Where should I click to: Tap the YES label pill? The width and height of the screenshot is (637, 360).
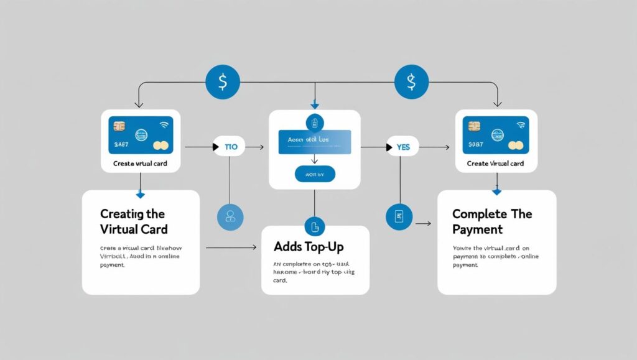click(x=402, y=147)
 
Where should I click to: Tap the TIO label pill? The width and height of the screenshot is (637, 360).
click(x=229, y=147)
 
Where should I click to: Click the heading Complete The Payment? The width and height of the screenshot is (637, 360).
click(x=492, y=221)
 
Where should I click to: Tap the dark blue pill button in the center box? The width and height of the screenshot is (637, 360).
click(x=314, y=174)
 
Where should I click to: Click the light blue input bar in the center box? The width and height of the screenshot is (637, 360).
click(x=314, y=142)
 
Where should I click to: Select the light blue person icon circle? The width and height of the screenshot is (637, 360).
click(x=230, y=216)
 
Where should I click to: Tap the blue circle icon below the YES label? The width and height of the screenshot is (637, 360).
click(x=399, y=216)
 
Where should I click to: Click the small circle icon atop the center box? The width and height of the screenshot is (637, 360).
click(x=314, y=122)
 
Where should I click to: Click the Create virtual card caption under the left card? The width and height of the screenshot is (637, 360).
click(x=140, y=164)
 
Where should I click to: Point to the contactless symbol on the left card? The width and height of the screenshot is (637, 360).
click(x=164, y=124)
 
